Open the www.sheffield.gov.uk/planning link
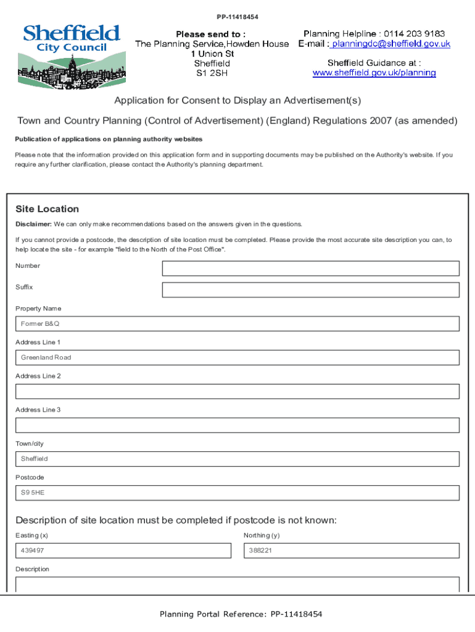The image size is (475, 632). pos(374,73)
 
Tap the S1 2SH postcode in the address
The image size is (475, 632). pos(212,73)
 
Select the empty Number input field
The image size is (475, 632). pos(310,268)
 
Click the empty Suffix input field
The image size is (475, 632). pos(310,290)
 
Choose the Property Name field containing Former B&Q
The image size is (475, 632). pos(238,323)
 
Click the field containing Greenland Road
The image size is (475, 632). pos(238,357)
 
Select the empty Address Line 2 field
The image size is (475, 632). pos(238,391)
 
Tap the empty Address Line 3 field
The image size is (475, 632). pos(238,425)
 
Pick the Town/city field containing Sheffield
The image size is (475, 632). pos(238,459)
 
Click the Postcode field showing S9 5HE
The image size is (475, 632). pos(238,493)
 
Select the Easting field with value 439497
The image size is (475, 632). pos(123,551)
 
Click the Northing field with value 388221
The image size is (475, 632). pos(352,551)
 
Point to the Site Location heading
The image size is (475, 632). pos(47,209)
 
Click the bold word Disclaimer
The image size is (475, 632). pos(33,224)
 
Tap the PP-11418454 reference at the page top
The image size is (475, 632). pos(238,17)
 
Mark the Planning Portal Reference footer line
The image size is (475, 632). pos(241,614)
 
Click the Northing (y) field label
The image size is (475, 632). pos(262,535)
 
